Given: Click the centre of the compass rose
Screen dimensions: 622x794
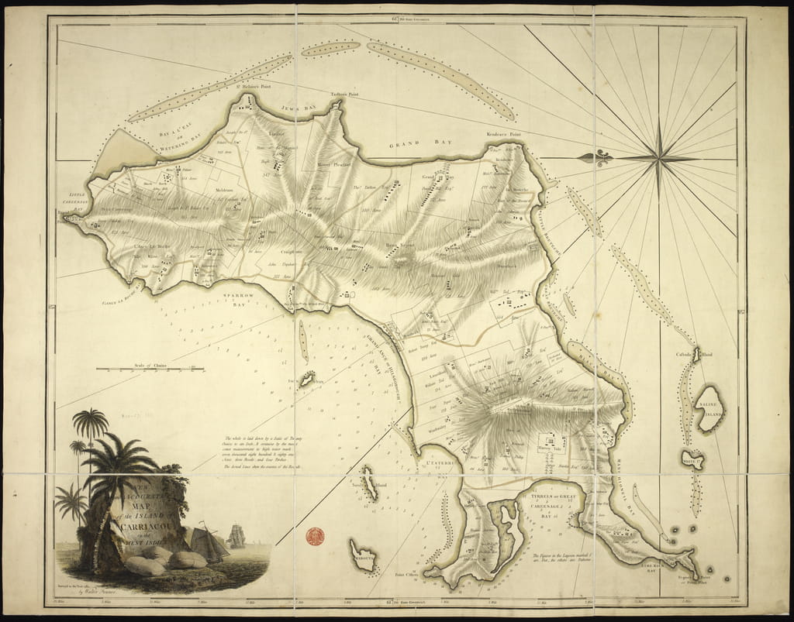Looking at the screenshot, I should pyautogui.click(x=658, y=158).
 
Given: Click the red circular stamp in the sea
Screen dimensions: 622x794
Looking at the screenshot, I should pyautogui.click(x=315, y=535).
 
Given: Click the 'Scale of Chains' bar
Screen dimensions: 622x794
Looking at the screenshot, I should pyautogui.click(x=150, y=369).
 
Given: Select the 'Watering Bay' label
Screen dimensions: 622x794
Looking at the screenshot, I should pyautogui.click(x=181, y=138).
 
